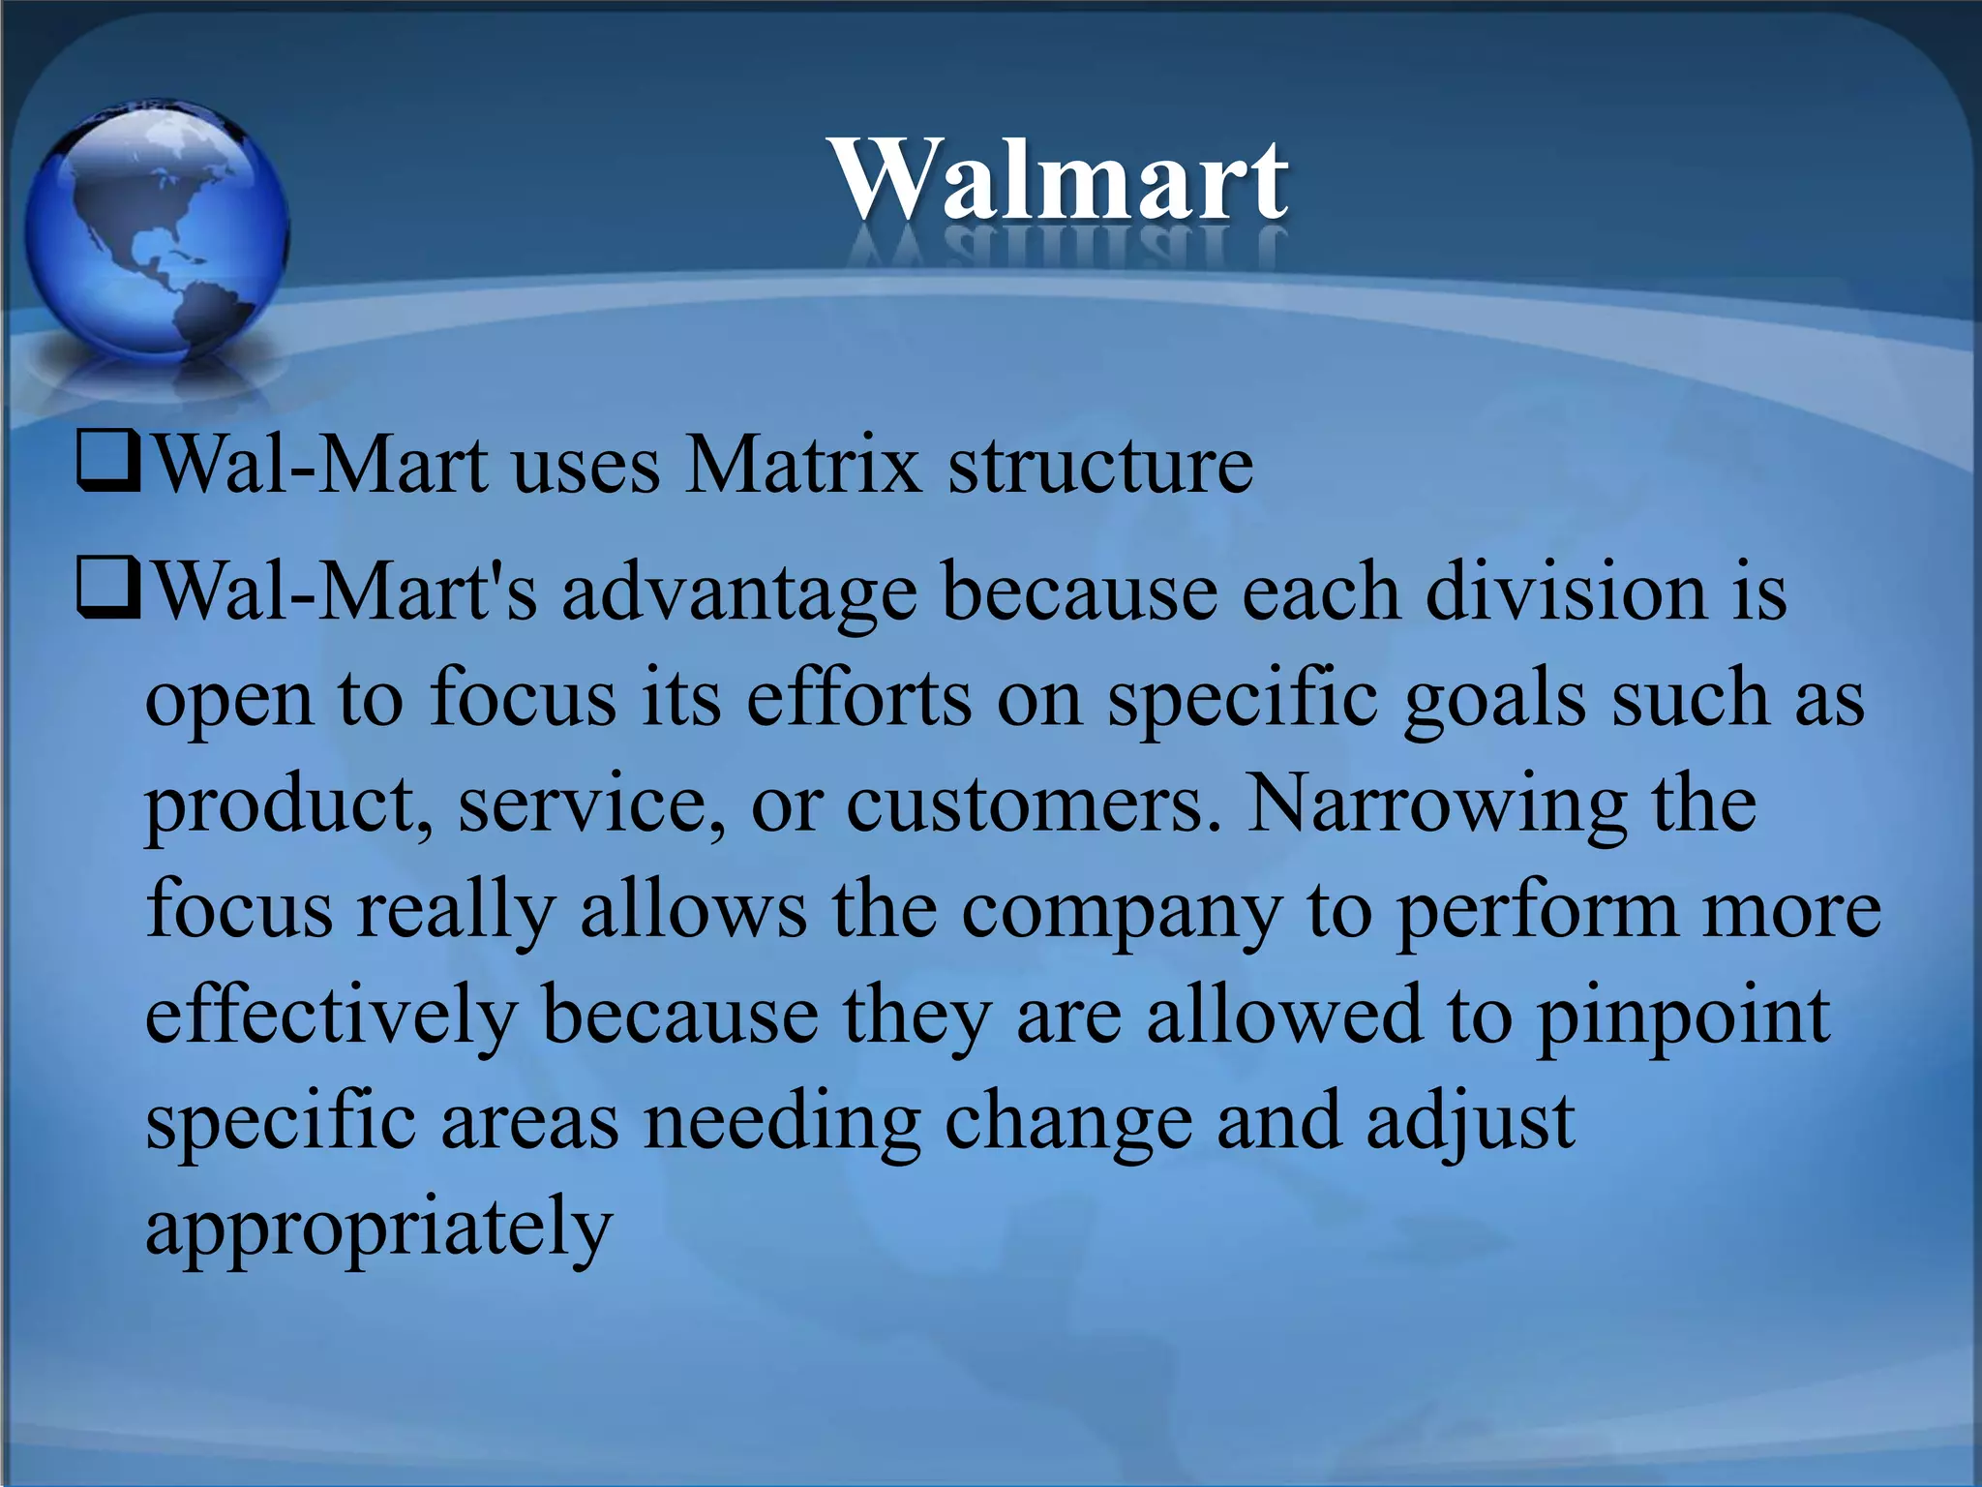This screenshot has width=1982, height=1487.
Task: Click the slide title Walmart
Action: (x=1060, y=180)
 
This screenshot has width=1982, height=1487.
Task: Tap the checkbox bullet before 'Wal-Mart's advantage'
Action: (x=109, y=591)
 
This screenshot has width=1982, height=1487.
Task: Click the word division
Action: (x=1567, y=592)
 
